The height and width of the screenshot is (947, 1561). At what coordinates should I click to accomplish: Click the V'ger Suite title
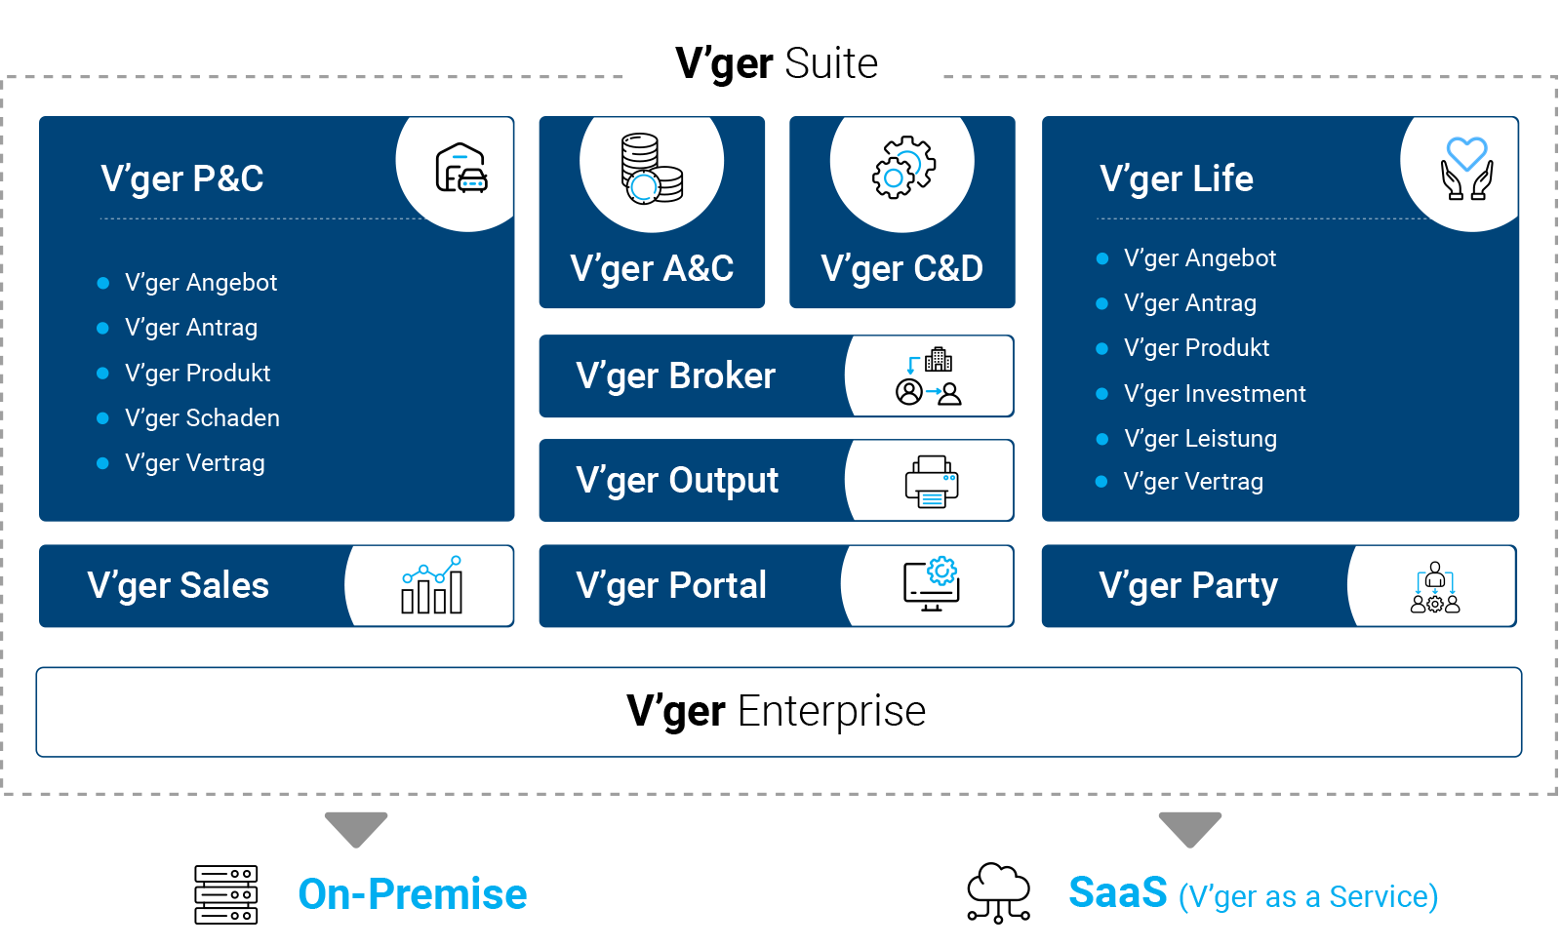pos(777,63)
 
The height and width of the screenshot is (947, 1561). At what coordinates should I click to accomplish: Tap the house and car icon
pos(460,170)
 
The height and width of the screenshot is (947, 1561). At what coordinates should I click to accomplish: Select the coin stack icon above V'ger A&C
pos(652,169)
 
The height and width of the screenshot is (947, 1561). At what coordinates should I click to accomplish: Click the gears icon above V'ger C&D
pos(902,168)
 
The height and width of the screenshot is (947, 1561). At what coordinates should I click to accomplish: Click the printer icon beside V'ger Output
pos(931,481)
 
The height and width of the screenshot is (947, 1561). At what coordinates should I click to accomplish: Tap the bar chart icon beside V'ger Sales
pos(432,585)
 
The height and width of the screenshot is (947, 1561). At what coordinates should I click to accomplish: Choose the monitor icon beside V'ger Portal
pos(931,585)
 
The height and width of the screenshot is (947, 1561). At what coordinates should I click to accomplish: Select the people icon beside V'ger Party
pos(1434,587)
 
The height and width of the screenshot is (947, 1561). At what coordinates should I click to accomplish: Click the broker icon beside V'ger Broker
pos(929,376)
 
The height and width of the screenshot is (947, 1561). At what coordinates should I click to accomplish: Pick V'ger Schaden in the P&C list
pos(202,418)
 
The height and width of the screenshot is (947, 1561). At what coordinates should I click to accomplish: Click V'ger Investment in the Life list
pos(1214,394)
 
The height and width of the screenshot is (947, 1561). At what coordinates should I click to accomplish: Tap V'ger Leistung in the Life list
pos(1200,439)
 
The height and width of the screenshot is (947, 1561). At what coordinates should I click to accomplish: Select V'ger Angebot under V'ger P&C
pos(201,283)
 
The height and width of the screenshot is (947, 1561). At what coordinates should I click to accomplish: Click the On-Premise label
pos(412,894)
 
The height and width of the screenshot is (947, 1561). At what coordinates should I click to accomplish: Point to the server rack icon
pos(225,894)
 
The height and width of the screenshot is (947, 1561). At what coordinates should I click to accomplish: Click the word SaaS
pos(1117,892)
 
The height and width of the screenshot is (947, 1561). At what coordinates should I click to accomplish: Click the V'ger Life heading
pos(1176,179)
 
